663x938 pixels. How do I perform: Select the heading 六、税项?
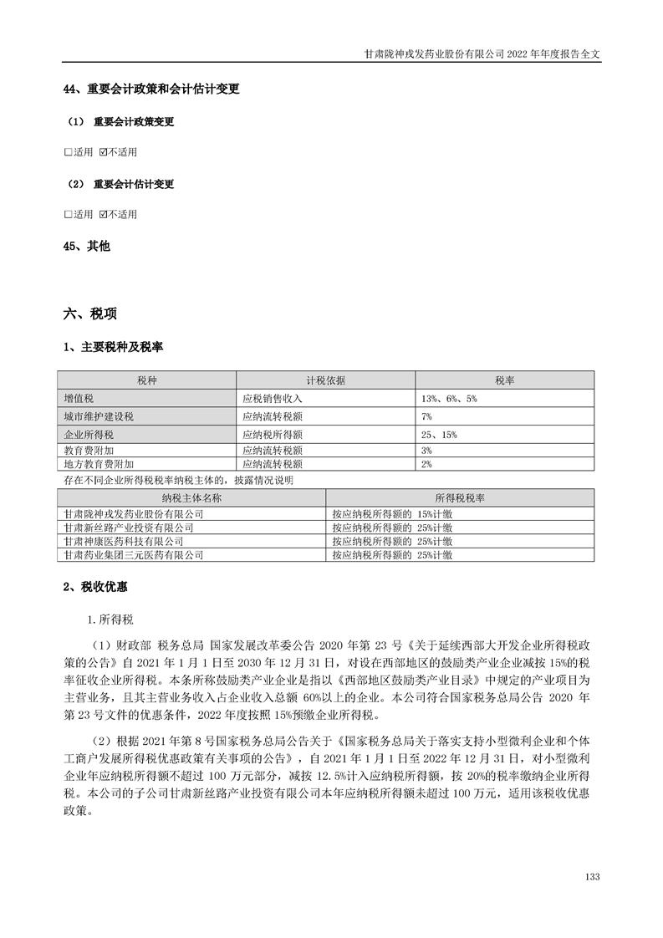(x=89, y=314)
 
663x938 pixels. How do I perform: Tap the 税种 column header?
(x=146, y=380)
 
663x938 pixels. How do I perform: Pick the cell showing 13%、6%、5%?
(x=449, y=399)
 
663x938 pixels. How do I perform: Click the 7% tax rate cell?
(x=426, y=416)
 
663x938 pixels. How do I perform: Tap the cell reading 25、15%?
(x=439, y=435)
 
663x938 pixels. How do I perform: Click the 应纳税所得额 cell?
(x=272, y=435)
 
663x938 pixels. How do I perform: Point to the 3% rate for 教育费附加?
(x=426, y=450)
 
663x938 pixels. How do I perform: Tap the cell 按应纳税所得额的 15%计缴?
(x=392, y=514)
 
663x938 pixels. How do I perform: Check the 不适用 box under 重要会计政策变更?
(x=103, y=152)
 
